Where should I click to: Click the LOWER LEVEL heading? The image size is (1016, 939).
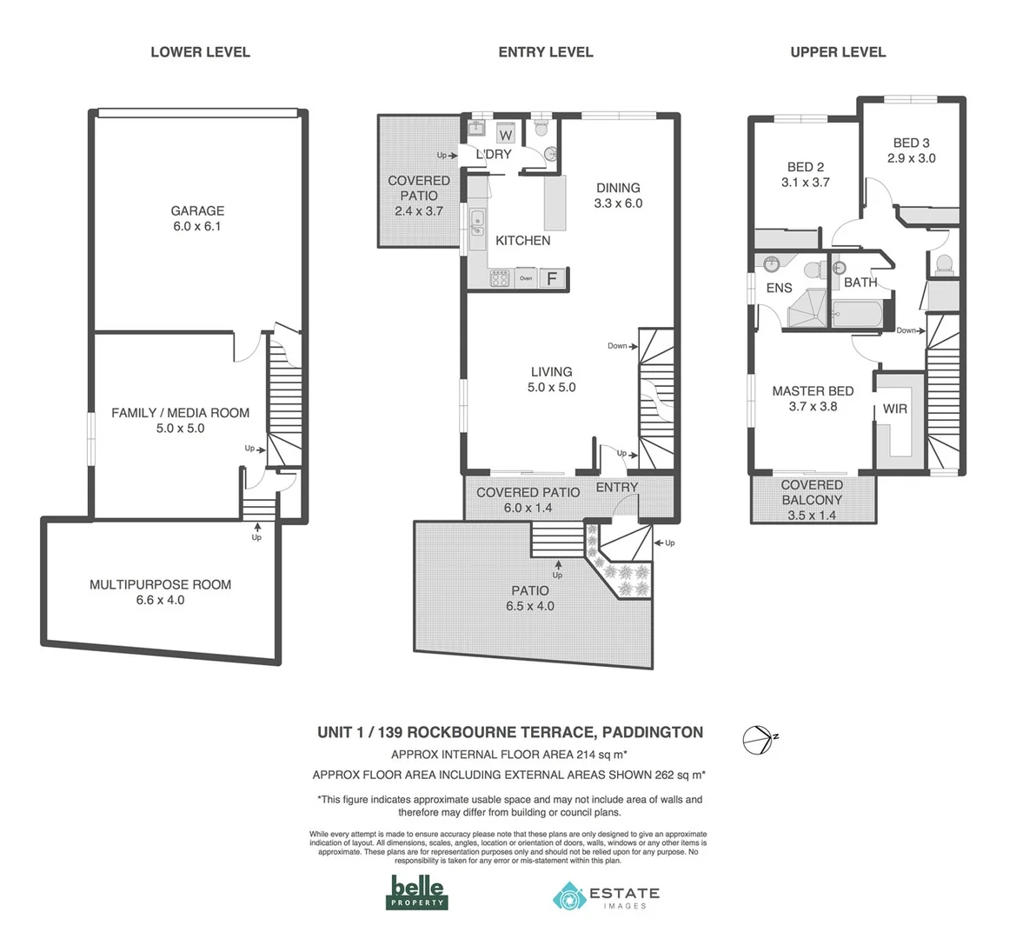click(x=200, y=52)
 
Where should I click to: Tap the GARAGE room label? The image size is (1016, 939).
click(x=197, y=218)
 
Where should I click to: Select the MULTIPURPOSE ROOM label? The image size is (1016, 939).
click(x=161, y=592)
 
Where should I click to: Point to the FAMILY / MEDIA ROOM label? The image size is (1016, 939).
click(x=180, y=420)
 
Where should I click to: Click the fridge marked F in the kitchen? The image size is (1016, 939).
click(x=551, y=279)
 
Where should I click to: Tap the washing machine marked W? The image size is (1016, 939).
click(x=506, y=135)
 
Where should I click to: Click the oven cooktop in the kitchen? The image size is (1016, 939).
click(x=501, y=279)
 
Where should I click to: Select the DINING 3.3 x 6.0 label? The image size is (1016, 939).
click(x=618, y=196)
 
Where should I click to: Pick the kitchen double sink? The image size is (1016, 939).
click(x=477, y=223)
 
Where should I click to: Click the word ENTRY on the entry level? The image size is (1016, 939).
click(x=617, y=487)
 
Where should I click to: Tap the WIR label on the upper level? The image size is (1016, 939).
click(x=895, y=409)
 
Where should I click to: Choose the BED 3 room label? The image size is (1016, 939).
click(x=911, y=150)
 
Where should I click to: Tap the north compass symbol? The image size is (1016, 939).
click(x=757, y=738)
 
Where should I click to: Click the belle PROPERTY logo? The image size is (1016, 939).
click(x=417, y=893)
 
